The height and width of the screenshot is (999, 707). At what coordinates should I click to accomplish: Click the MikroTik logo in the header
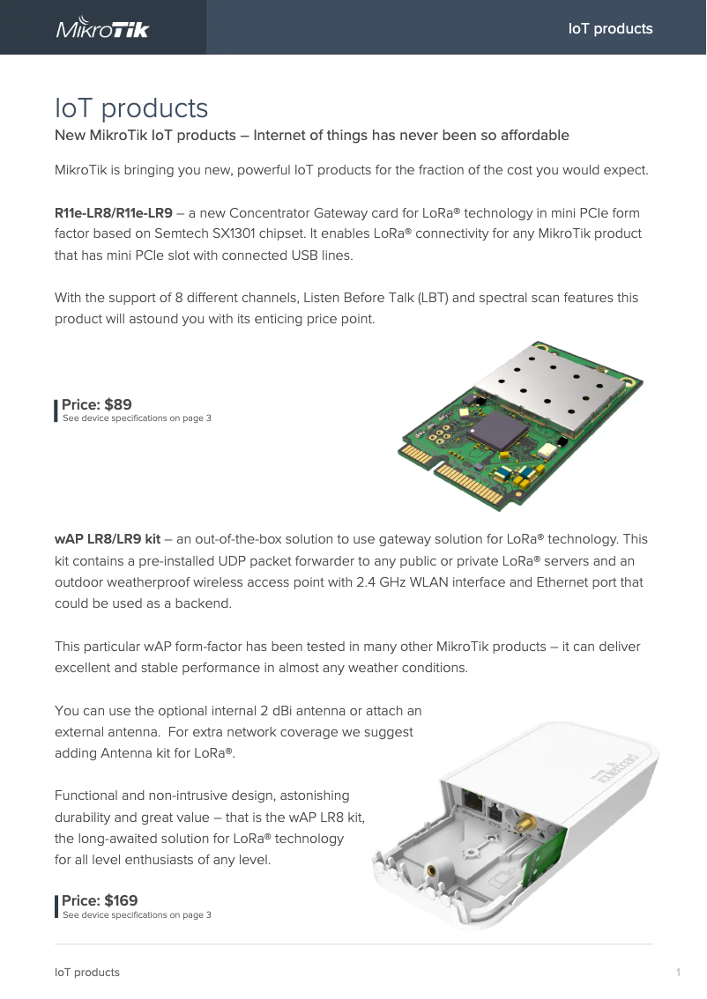103,28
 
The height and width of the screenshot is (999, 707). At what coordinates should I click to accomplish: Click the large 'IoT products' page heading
131,108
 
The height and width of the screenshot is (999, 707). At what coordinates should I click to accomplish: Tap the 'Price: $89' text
96,404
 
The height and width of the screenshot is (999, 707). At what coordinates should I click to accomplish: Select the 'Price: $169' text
99,900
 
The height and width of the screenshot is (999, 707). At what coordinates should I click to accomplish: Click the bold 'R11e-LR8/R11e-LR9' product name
114,213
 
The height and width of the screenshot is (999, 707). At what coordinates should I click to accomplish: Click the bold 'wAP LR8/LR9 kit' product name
108,539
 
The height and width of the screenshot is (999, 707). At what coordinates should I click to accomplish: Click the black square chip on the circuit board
498,432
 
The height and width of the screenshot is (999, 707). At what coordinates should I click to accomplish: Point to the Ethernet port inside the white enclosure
474,803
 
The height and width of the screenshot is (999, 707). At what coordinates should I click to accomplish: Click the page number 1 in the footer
678,973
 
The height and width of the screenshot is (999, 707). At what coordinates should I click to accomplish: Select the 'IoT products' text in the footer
87,973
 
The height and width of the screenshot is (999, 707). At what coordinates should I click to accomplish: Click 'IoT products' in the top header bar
610,28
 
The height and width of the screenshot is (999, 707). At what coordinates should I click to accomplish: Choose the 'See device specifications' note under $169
137,915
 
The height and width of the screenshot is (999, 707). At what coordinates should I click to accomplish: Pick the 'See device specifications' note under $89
137,418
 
